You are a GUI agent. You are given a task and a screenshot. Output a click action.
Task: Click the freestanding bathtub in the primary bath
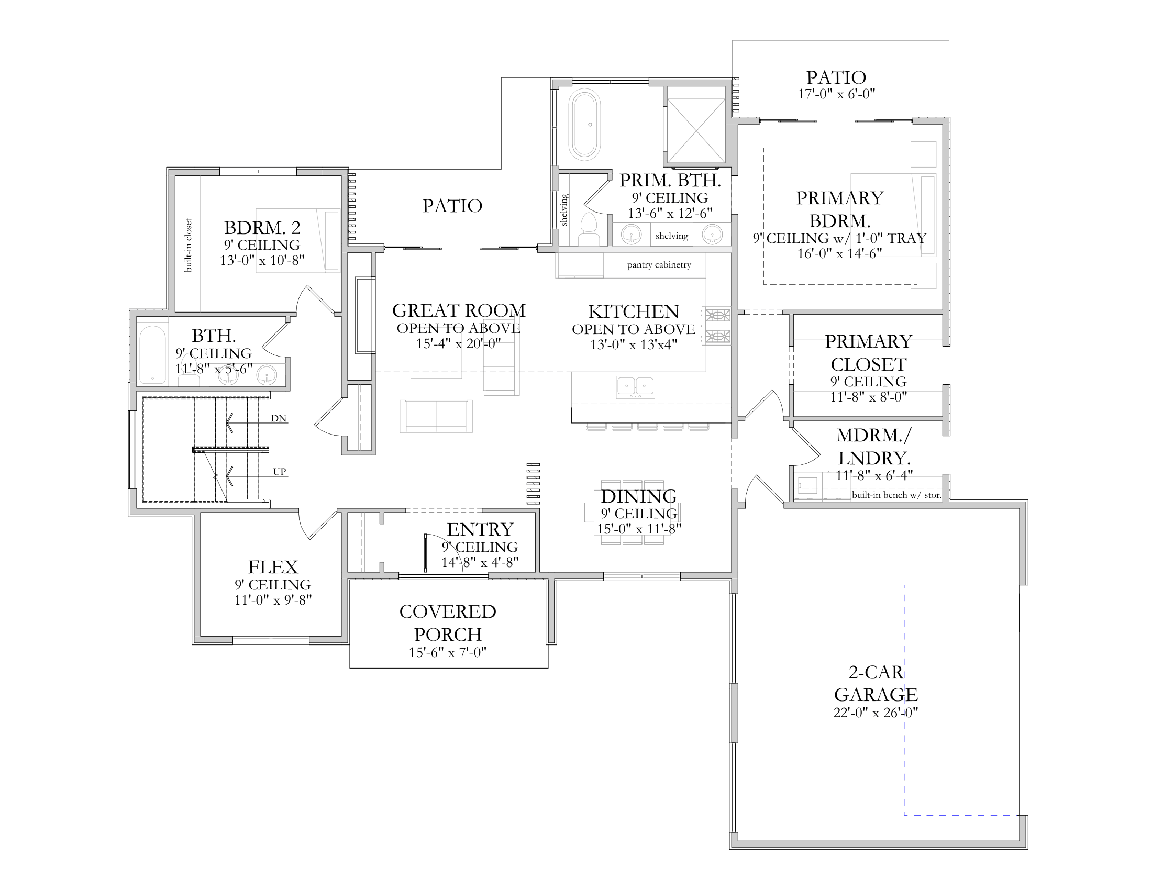pyautogui.click(x=584, y=125)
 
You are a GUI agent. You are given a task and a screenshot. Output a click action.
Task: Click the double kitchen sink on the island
pyautogui.click(x=636, y=387)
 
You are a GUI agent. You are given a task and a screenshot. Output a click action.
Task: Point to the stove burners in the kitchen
pyautogui.click(x=718, y=326)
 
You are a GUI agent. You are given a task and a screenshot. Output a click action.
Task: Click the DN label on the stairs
pyautogui.click(x=279, y=419)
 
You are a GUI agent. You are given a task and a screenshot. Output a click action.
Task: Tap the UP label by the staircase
pyautogui.click(x=280, y=472)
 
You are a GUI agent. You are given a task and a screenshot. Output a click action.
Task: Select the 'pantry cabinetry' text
pyautogui.click(x=659, y=265)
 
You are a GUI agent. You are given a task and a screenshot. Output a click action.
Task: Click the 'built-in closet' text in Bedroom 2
pyautogui.click(x=189, y=245)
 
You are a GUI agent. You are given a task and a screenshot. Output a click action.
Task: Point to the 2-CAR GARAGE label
pyautogui.click(x=876, y=683)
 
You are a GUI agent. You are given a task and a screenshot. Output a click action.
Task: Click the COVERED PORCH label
pyautogui.click(x=448, y=622)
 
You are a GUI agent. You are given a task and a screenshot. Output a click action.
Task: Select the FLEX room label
pyautogui.click(x=273, y=568)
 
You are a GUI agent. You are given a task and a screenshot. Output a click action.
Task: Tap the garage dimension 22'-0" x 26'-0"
pyautogui.click(x=876, y=713)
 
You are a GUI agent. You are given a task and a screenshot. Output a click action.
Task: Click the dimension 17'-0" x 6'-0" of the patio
pyautogui.click(x=837, y=94)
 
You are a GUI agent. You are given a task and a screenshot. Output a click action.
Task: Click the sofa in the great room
pyautogui.click(x=436, y=417)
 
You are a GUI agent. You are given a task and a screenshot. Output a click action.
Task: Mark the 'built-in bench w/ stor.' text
pyautogui.click(x=896, y=495)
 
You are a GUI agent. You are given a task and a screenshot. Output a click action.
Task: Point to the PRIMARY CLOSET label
pyautogui.click(x=869, y=353)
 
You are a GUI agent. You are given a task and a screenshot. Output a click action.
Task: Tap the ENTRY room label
pyautogui.click(x=480, y=529)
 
